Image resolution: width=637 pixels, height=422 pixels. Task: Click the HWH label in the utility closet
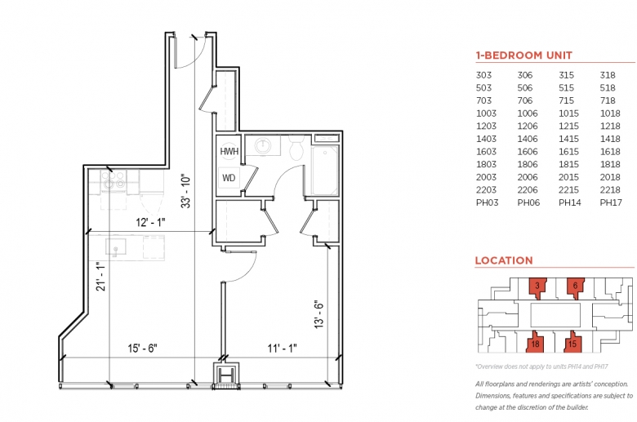[229, 152]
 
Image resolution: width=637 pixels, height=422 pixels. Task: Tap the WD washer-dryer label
[229, 178]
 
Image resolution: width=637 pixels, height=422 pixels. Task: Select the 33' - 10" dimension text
[185, 192]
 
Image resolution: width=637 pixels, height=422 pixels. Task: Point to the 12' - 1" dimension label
[150, 222]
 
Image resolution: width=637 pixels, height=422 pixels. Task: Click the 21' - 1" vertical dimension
[100, 276]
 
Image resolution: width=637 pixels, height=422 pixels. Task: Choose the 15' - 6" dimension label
[143, 348]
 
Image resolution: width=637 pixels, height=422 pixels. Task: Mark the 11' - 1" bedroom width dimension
[282, 348]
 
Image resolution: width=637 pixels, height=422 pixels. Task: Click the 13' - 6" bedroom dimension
[318, 314]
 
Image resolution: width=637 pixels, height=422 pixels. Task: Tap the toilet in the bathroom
[296, 148]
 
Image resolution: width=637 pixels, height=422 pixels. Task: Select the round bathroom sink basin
[264, 145]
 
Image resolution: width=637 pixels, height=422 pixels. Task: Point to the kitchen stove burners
[114, 180]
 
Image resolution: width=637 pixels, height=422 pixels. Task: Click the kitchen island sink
[116, 247]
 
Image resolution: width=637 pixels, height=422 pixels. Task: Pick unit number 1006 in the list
[528, 113]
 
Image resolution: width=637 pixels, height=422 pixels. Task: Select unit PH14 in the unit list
[569, 202]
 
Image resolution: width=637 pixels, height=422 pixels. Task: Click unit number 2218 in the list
[610, 189]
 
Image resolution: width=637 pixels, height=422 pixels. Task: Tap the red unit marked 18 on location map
[534, 342]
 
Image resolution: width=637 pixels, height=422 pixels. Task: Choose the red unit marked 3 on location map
[537, 287]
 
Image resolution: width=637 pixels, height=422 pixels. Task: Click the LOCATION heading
[504, 260]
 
